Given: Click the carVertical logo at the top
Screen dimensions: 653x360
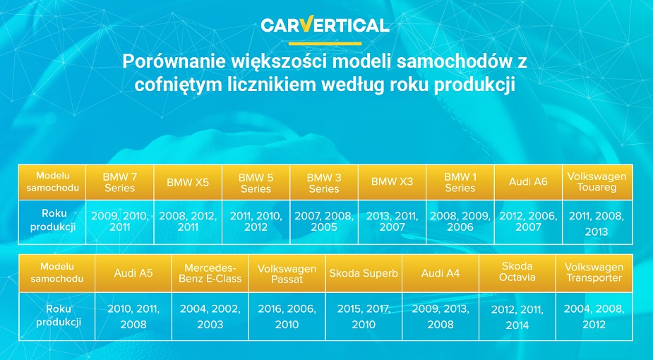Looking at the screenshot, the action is [x=325, y=25].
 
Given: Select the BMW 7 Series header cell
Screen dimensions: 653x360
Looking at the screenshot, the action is [x=120, y=182].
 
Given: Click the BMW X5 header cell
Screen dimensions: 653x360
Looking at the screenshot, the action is [x=188, y=182].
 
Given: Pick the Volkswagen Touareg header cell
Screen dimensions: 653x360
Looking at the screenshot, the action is [x=597, y=182].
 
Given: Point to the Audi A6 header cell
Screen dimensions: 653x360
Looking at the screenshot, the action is [x=529, y=182].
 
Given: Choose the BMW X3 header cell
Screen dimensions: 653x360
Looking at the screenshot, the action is [x=393, y=182].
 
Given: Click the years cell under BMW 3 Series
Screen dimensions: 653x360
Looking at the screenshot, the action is [x=324, y=222].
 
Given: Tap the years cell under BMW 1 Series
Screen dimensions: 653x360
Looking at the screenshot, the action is [x=460, y=222].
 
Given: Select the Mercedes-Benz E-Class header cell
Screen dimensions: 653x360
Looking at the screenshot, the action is [x=210, y=273].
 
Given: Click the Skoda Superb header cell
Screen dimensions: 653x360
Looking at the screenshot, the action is [x=364, y=273].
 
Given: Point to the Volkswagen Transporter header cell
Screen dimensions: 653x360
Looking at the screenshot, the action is [x=594, y=273].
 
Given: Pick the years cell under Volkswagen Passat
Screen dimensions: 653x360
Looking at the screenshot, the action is [x=287, y=316].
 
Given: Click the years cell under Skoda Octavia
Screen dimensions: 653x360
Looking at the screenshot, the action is [x=517, y=316].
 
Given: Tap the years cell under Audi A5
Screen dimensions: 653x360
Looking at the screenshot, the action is [x=133, y=316].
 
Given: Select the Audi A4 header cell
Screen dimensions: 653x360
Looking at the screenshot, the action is [x=441, y=273].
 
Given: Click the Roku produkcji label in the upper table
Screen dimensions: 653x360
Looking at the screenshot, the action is [x=53, y=220].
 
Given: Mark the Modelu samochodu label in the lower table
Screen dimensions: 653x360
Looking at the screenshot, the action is [x=57, y=272].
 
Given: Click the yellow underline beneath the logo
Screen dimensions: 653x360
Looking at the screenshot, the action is [x=325, y=43].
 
